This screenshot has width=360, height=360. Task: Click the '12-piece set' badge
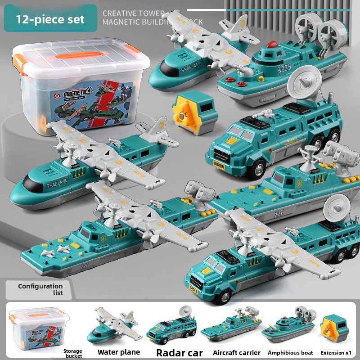tap(50, 20)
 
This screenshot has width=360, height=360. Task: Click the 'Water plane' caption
tap(119, 352)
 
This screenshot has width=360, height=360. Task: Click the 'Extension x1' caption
tap(335, 352)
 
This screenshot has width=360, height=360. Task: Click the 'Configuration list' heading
tap(40, 289)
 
